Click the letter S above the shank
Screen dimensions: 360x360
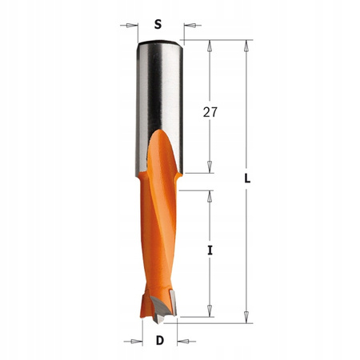158,24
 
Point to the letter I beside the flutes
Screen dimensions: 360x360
210,251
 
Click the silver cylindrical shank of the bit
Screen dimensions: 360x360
158,88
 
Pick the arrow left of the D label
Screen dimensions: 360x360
133,342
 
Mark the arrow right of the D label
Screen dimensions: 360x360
185,342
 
